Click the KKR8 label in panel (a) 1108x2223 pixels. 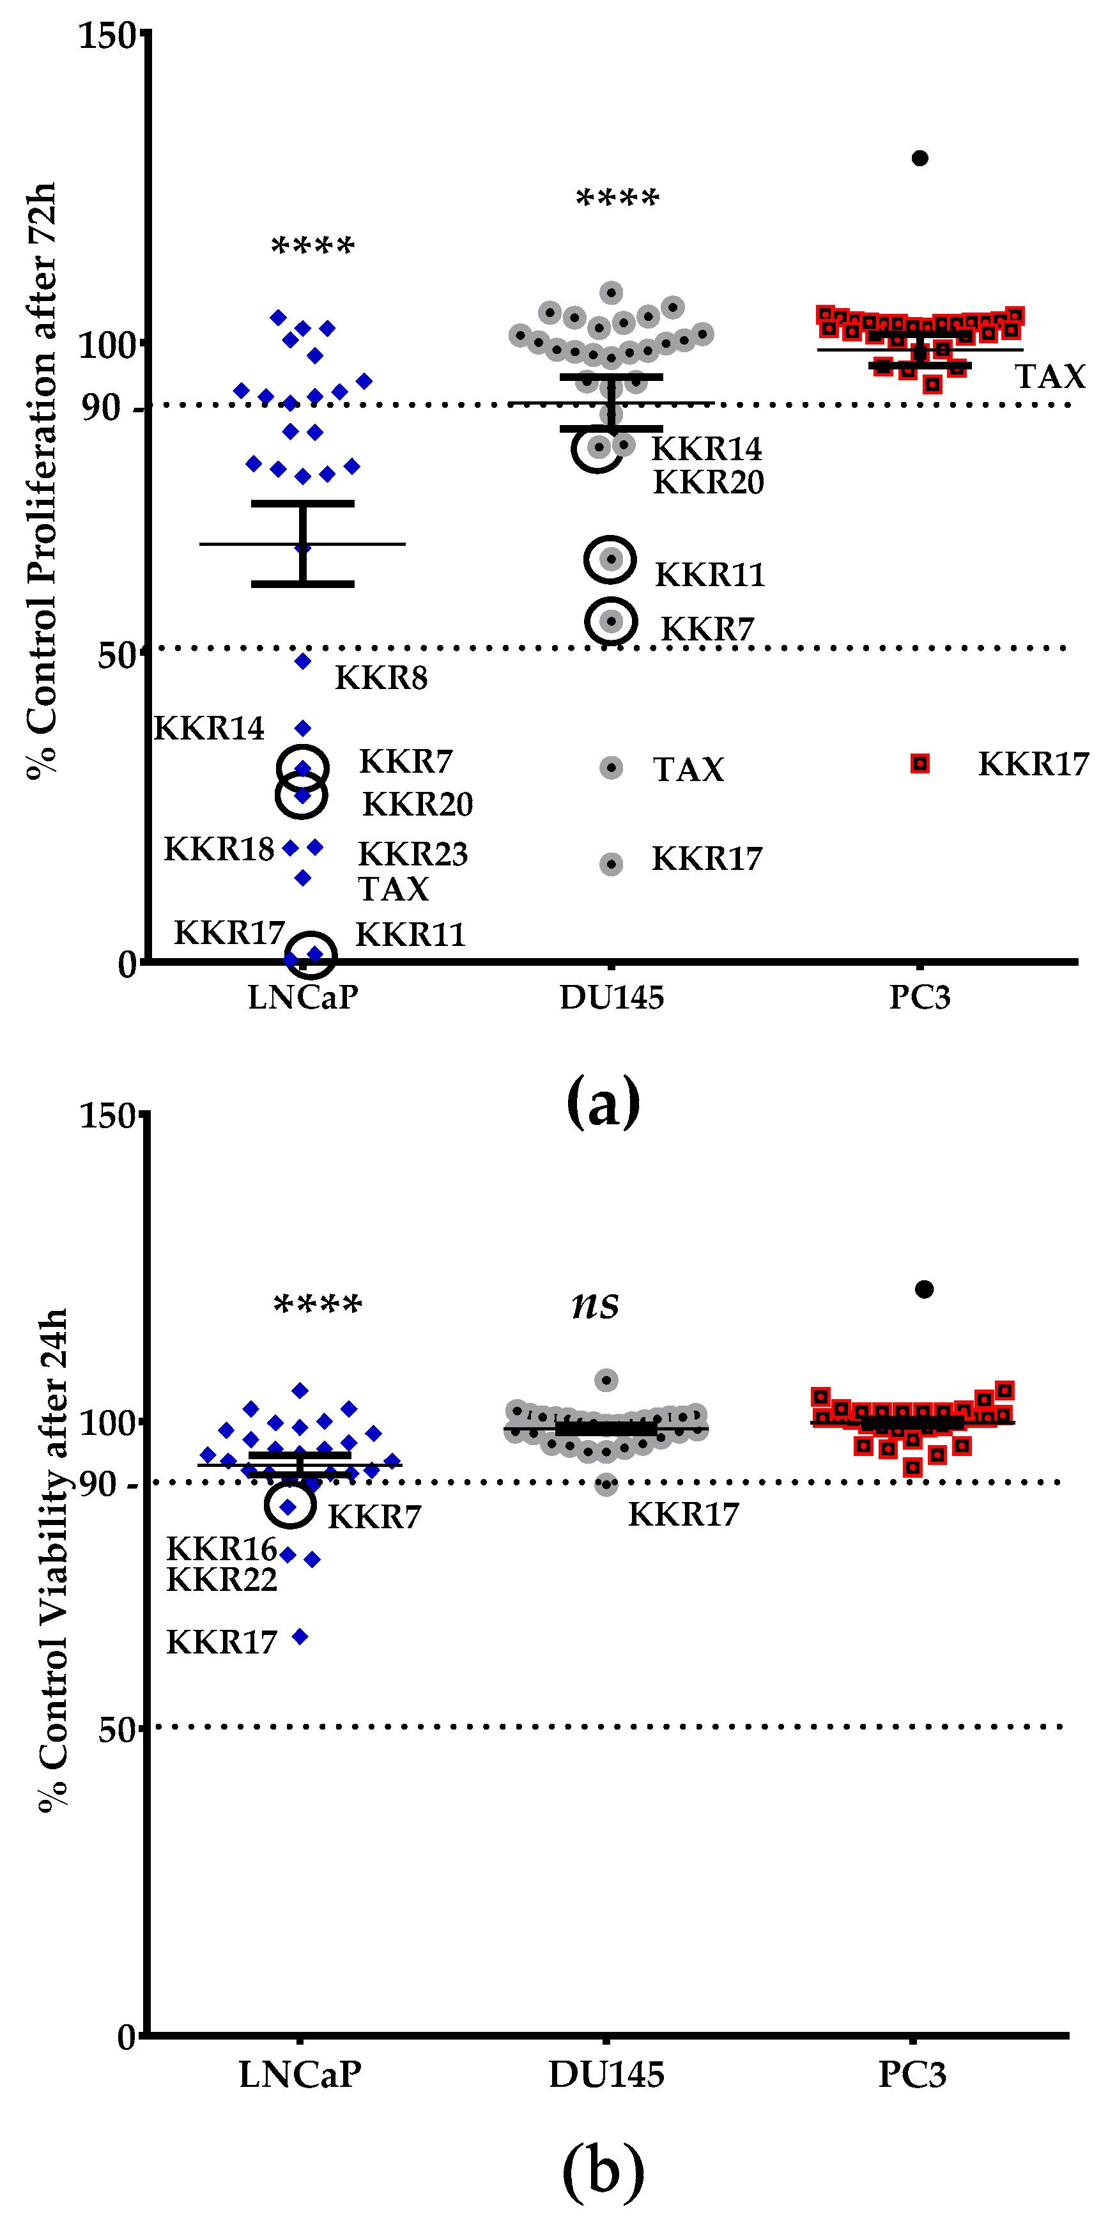(x=381, y=678)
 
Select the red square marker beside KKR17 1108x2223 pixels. (x=920, y=764)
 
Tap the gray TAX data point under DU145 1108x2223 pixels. (x=611, y=767)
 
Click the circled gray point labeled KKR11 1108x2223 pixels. (x=611, y=559)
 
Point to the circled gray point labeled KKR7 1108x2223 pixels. (x=611, y=621)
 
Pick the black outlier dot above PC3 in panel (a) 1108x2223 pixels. (x=920, y=158)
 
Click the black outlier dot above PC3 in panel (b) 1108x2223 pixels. (x=924, y=1289)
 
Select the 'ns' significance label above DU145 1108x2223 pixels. (x=596, y=1305)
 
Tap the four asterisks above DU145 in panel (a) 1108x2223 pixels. (x=617, y=199)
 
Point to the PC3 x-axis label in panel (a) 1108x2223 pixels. (x=920, y=998)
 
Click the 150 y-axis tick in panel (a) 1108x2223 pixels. (x=108, y=36)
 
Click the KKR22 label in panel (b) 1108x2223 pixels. (x=222, y=1580)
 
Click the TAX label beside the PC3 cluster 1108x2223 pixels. (x=1049, y=377)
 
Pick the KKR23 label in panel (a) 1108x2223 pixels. (x=413, y=855)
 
